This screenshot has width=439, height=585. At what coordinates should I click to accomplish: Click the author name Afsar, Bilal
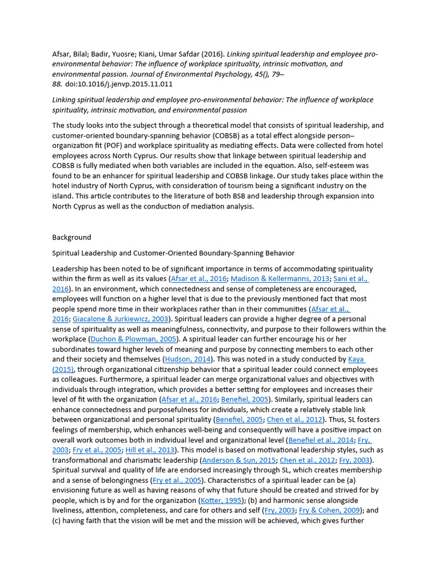[x=70, y=54]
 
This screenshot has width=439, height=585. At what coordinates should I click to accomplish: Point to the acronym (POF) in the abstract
[x=119, y=146]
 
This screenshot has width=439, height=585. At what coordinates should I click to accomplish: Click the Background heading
[x=71, y=237]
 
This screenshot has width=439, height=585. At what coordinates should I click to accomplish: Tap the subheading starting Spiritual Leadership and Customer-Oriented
[x=173, y=253]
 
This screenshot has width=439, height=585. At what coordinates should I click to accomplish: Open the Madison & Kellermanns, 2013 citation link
[x=281, y=279]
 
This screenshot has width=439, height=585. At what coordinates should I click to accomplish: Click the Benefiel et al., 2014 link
[x=321, y=440]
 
